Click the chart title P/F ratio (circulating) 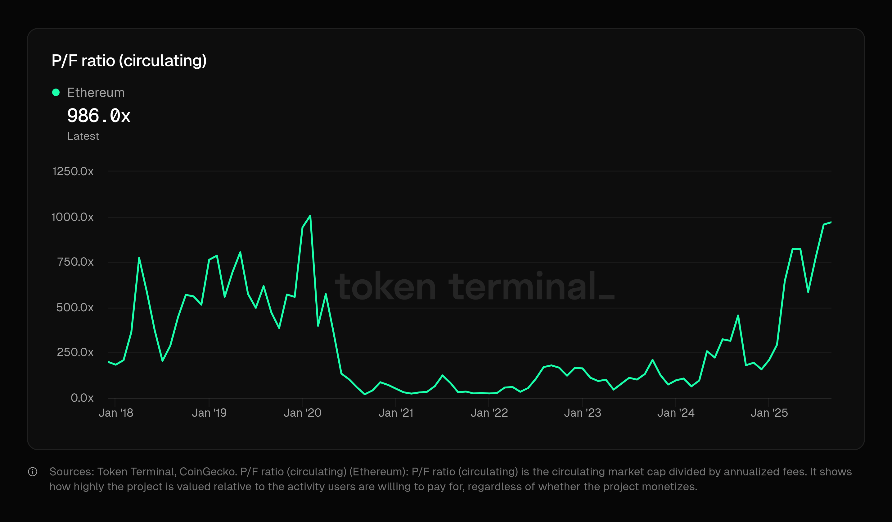(x=129, y=61)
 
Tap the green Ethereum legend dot (x=56, y=93)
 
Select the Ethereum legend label (x=96, y=93)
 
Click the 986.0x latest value (x=99, y=116)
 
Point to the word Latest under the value (x=83, y=136)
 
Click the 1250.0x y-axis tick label (x=73, y=172)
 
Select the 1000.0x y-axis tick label (x=73, y=217)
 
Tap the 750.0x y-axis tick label (x=75, y=262)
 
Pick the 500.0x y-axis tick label (x=75, y=307)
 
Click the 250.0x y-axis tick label (x=75, y=352)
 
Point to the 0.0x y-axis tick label (x=82, y=398)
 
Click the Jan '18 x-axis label (x=116, y=413)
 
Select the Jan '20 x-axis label (x=302, y=413)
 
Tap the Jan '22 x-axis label (x=489, y=413)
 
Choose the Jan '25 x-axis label (x=769, y=413)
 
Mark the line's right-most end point (x=831, y=222)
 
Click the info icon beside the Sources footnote (x=33, y=472)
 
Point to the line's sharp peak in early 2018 (x=139, y=258)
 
